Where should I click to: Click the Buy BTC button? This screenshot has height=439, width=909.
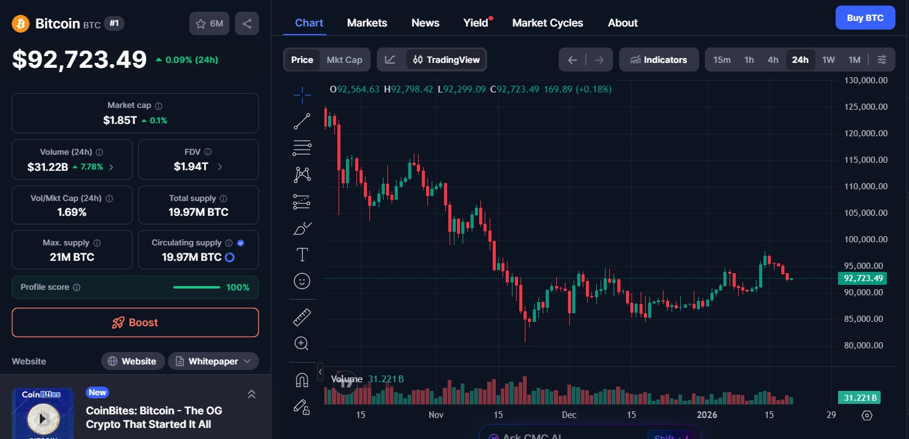(x=865, y=18)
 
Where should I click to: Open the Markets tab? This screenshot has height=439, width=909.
(x=367, y=23)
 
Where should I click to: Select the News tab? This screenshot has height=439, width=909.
(x=426, y=23)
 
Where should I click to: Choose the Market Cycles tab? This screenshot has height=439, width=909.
(x=548, y=23)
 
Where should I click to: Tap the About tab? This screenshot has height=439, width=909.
(x=623, y=23)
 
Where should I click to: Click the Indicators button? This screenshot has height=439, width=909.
(x=659, y=60)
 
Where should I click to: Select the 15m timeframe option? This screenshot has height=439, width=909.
(x=722, y=60)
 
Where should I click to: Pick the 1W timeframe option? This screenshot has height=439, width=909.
(x=828, y=60)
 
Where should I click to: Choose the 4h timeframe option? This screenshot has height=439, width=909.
(x=773, y=60)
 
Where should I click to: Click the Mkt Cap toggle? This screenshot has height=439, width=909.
(x=344, y=60)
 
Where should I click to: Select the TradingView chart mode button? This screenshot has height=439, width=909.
(x=446, y=60)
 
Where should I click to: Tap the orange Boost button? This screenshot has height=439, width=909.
(x=135, y=322)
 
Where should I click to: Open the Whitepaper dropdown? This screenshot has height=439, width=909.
(x=213, y=361)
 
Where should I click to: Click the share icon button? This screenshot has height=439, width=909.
(x=247, y=24)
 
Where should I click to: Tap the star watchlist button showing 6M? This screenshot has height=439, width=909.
(x=209, y=24)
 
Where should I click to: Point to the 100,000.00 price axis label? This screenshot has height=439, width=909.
(x=865, y=239)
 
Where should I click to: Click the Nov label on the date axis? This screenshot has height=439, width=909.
(x=436, y=415)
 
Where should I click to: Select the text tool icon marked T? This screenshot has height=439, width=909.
(x=302, y=255)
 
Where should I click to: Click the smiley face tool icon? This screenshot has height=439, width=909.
(x=302, y=281)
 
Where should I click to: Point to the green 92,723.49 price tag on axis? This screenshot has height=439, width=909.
(x=862, y=278)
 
